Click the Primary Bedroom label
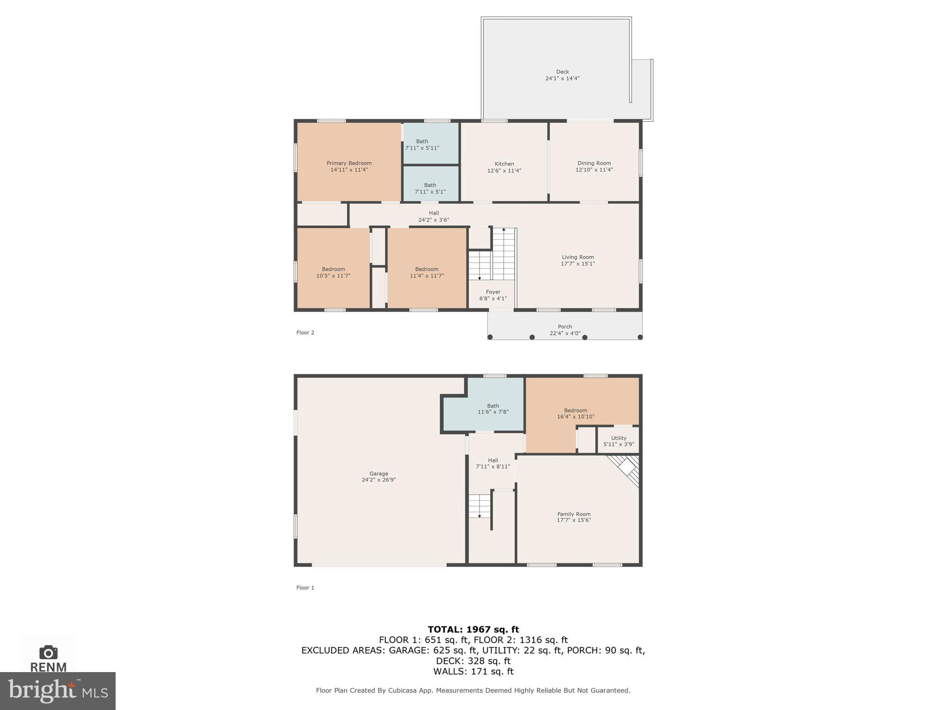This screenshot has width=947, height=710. pyautogui.click(x=349, y=163)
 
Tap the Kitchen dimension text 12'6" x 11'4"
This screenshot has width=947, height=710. pyautogui.click(x=504, y=171)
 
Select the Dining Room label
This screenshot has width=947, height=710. pyautogui.click(x=594, y=163)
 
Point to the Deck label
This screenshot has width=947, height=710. pyautogui.click(x=562, y=72)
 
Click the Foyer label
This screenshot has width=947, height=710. pyautogui.click(x=493, y=292)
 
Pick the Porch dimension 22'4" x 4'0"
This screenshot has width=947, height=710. pyautogui.click(x=565, y=333)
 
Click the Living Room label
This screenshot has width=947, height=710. pyautogui.click(x=578, y=257)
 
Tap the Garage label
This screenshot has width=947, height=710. pyautogui.click(x=378, y=473)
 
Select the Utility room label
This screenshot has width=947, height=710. pyautogui.click(x=618, y=438)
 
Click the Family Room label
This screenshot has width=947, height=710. pyautogui.click(x=573, y=514)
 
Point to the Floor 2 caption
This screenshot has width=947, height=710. pyautogui.click(x=305, y=332)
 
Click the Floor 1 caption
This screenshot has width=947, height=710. pyautogui.click(x=305, y=588)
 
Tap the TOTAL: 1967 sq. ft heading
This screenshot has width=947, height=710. pyautogui.click(x=473, y=629)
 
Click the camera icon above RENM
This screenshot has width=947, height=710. pyautogui.click(x=48, y=652)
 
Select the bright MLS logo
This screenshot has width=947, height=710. pyautogui.click(x=57, y=691)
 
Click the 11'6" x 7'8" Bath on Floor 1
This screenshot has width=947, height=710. pyautogui.click(x=493, y=409)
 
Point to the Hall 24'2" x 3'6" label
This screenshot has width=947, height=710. pyautogui.click(x=433, y=216)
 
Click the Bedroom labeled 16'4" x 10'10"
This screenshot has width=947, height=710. pyautogui.click(x=575, y=413)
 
